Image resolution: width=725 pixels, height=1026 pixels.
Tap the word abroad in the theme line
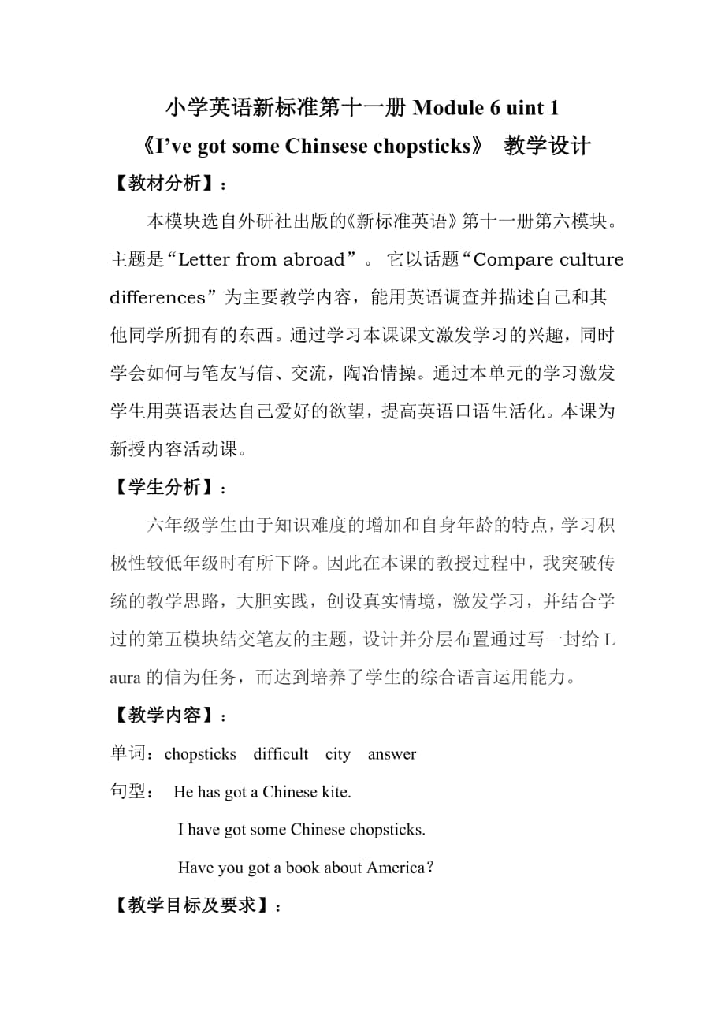[x=311, y=260]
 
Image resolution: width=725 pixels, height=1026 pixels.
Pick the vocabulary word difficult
[x=281, y=754]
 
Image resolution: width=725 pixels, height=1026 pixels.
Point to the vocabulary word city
[x=338, y=754]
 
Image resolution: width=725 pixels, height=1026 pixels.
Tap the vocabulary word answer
[x=392, y=754]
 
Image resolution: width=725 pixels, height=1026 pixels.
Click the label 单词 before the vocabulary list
[x=129, y=754]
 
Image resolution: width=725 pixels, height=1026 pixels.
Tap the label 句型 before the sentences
[x=129, y=792]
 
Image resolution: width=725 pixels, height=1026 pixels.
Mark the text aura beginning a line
[x=125, y=678]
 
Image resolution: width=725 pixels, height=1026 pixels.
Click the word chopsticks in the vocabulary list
[x=200, y=754]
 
